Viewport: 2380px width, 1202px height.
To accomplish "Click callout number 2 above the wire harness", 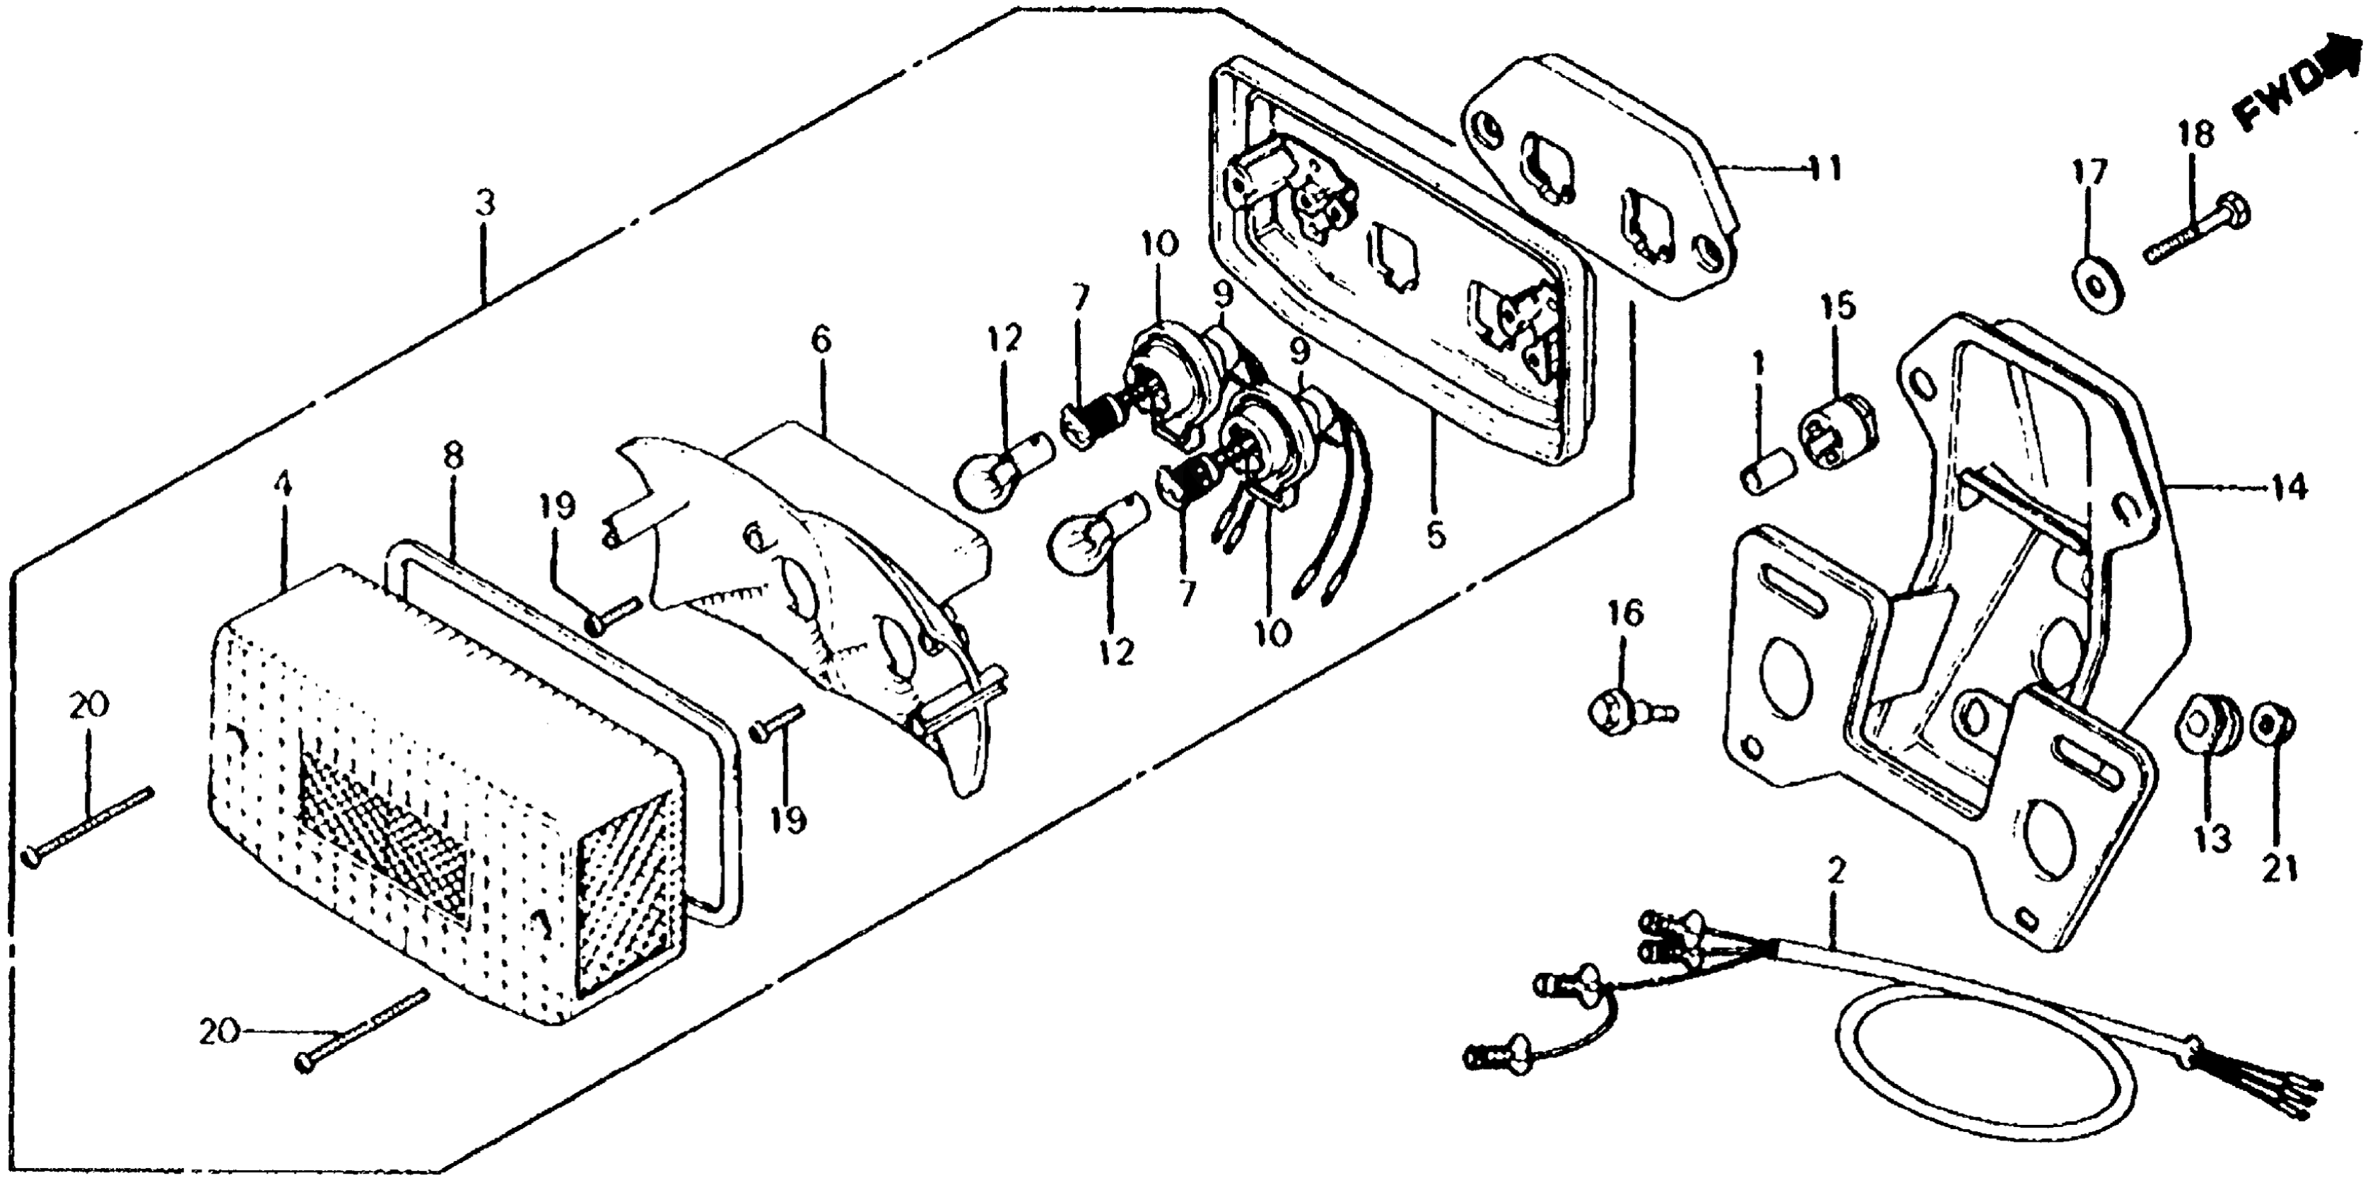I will point(1836,871).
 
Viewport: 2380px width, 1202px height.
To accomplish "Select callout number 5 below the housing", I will point(1435,533).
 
